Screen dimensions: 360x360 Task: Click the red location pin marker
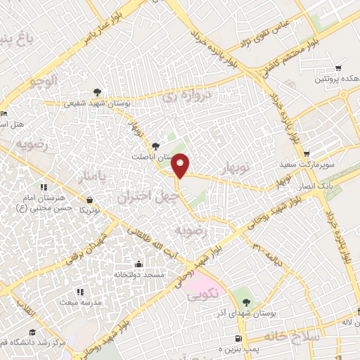click(x=181, y=165)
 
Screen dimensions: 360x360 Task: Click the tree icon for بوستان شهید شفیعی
click(x=97, y=92)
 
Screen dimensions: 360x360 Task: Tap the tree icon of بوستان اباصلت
click(x=165, y=145)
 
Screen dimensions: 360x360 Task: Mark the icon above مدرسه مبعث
click(x=80, y=291)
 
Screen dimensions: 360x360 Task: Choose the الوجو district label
click(x=43, y=82)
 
